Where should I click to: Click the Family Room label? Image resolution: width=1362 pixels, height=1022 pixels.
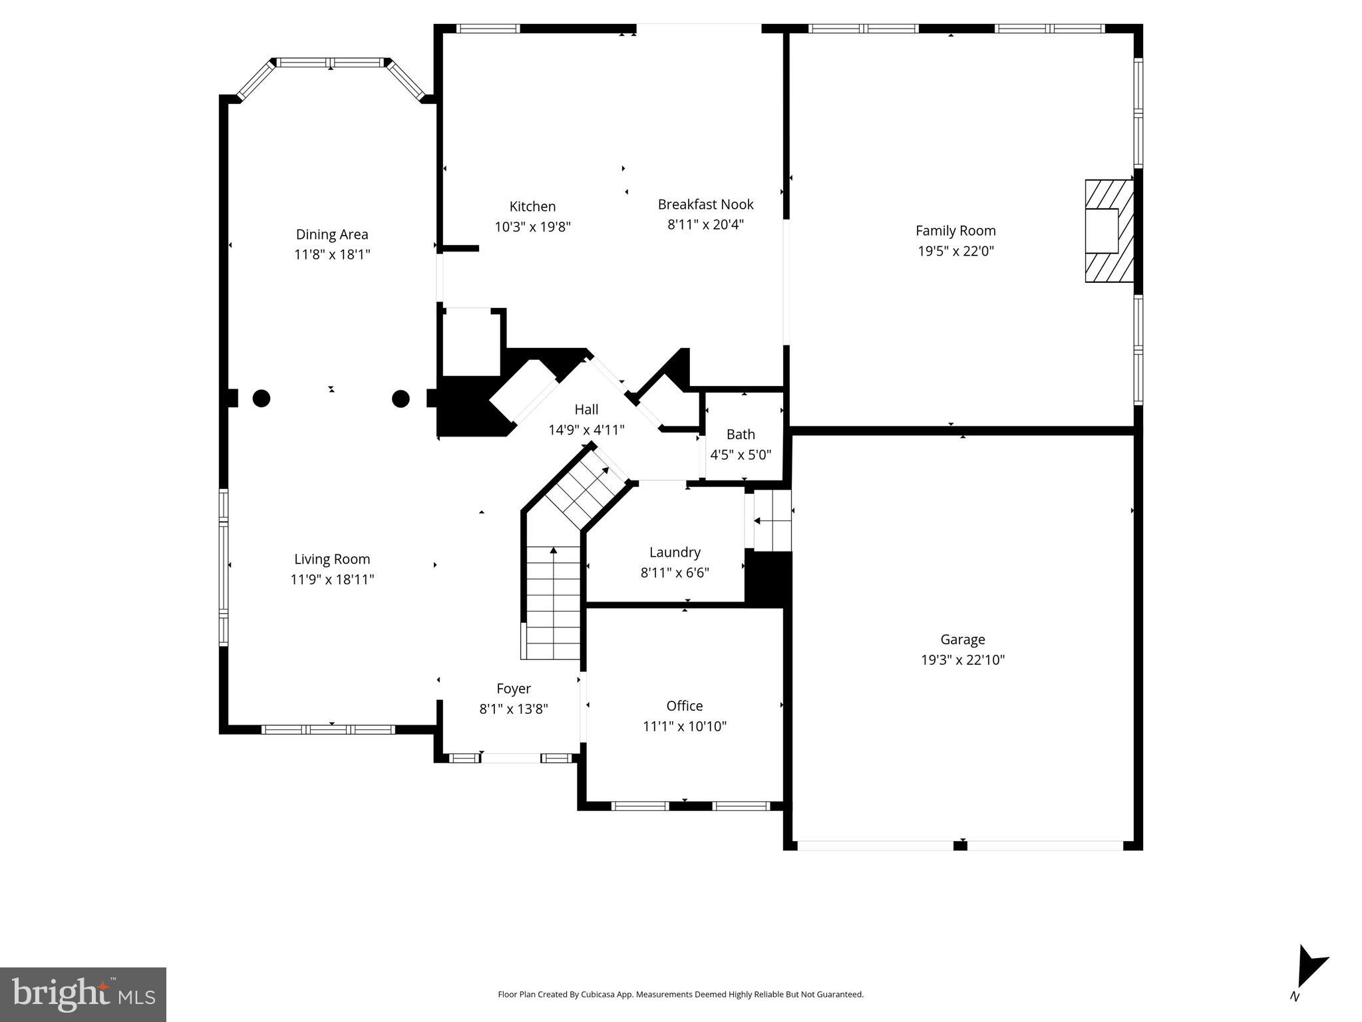955,231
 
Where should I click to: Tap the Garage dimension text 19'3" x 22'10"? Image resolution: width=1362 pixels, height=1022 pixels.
962,660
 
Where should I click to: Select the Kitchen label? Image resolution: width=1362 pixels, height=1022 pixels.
532,206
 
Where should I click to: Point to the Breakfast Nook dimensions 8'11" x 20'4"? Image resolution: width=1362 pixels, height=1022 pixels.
705,224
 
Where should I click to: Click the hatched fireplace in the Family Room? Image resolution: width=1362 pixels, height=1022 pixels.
1108,231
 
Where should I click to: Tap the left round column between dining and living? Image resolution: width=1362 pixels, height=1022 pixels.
261,399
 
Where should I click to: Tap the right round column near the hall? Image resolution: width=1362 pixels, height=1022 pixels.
401,399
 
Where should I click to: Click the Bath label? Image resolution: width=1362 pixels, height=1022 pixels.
741,434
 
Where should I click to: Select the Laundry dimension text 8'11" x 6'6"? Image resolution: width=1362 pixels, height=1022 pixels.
675,572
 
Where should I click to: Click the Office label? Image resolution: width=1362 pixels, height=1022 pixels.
684,706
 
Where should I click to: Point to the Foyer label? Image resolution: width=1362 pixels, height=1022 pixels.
514,689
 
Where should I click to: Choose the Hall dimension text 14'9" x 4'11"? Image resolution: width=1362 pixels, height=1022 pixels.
586,430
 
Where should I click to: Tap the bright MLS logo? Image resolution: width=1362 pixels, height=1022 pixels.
83,994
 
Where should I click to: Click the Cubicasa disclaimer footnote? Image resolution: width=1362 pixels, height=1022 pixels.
681,995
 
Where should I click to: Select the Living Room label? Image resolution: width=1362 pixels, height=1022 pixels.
332,560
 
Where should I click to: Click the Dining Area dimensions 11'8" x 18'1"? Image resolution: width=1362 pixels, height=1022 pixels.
332,254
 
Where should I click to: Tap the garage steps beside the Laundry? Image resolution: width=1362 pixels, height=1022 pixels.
772,520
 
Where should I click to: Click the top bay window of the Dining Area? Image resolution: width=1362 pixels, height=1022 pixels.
331,63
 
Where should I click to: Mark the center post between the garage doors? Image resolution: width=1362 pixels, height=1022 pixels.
959,846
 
